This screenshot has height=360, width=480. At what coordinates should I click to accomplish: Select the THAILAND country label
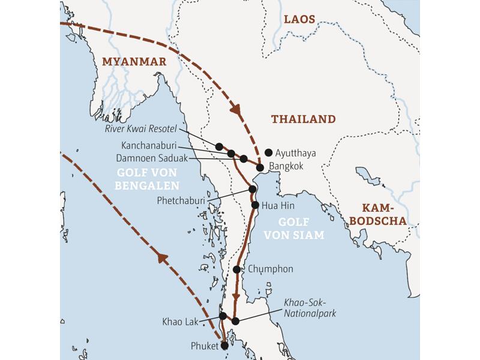(x=303, y=119)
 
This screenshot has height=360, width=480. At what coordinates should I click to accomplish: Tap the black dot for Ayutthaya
(x=268, y=152)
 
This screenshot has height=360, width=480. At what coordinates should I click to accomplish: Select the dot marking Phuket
(x=224, y=345)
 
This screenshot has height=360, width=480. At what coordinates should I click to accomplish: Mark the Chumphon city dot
(x=237, y=269)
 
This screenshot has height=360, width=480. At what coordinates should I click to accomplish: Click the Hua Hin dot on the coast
(x=256, y=205)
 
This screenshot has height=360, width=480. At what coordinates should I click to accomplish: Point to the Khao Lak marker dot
(x=223, y=316)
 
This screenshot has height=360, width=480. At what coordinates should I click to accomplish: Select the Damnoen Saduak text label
(x=154, y=158)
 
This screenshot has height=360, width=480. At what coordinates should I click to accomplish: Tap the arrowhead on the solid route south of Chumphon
(x=236, y=298)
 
